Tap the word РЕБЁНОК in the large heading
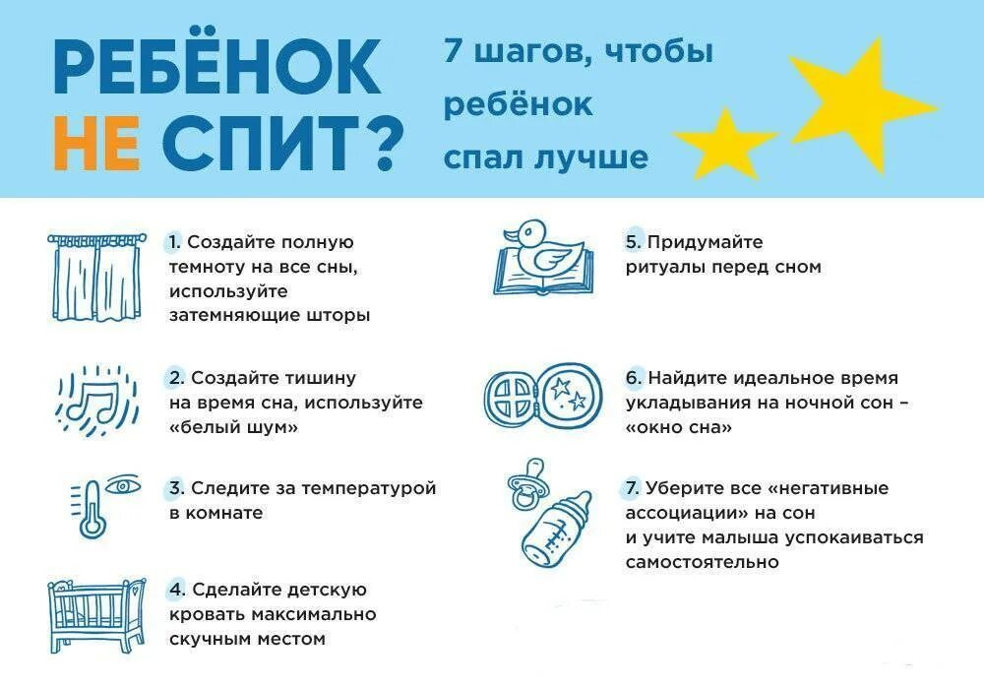pyautogui.click(x=217, y=68)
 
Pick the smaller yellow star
pyautogui.click(x=726, y=142)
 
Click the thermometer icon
pyautogui.click(x=92, y=507)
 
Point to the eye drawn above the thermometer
pyautogui.click(x=124, y=485)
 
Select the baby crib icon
pyautogui.click(x=96, y=615)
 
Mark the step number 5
pyautogui.click(x=633, y=242)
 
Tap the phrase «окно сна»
pyautogui.click(x=678, y=427)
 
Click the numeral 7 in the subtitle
pyautogui.click(x=453, y=51)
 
